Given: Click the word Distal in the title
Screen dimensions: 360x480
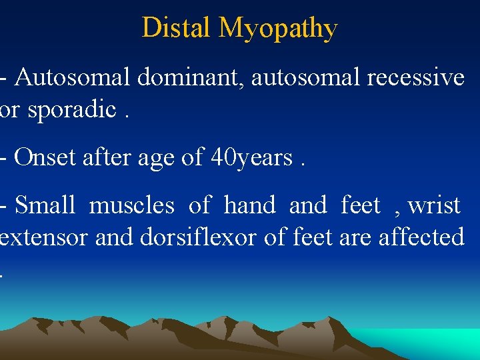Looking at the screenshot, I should (x=176, y=28).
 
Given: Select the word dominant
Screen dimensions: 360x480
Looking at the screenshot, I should (x=193, y=78).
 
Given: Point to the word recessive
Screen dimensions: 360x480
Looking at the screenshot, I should (x=415, y=78).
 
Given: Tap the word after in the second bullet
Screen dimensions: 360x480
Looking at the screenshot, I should (x=99, y=157).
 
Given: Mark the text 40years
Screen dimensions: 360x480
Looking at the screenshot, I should (x=252, y=159).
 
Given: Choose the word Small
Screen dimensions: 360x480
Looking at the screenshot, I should (x=45, y=205).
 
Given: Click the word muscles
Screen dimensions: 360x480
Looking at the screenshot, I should (x=131, y=205).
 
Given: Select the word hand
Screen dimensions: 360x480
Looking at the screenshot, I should (x=249, y=205).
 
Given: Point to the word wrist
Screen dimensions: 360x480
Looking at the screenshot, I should (x=434, y=205).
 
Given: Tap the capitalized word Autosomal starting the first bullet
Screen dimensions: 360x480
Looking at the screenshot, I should (x=73, y=78).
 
